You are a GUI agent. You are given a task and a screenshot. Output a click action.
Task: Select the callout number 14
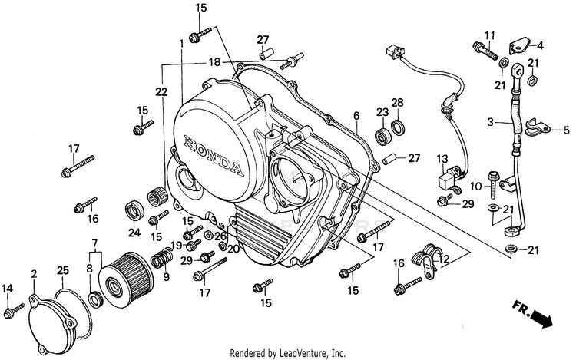(x=8, y=288)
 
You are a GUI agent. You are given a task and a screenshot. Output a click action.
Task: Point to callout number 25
(x=61, y=270)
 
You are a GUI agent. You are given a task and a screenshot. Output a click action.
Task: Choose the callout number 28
(x=397, y=102)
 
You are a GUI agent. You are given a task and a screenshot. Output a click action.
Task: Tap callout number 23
(x=382, y=112)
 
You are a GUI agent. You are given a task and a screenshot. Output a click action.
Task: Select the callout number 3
(x=490, y=121)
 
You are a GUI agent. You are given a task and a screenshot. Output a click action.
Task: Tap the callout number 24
(x=134, y=233)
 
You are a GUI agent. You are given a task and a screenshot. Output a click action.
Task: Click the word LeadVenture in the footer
(x=320, y=353)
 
